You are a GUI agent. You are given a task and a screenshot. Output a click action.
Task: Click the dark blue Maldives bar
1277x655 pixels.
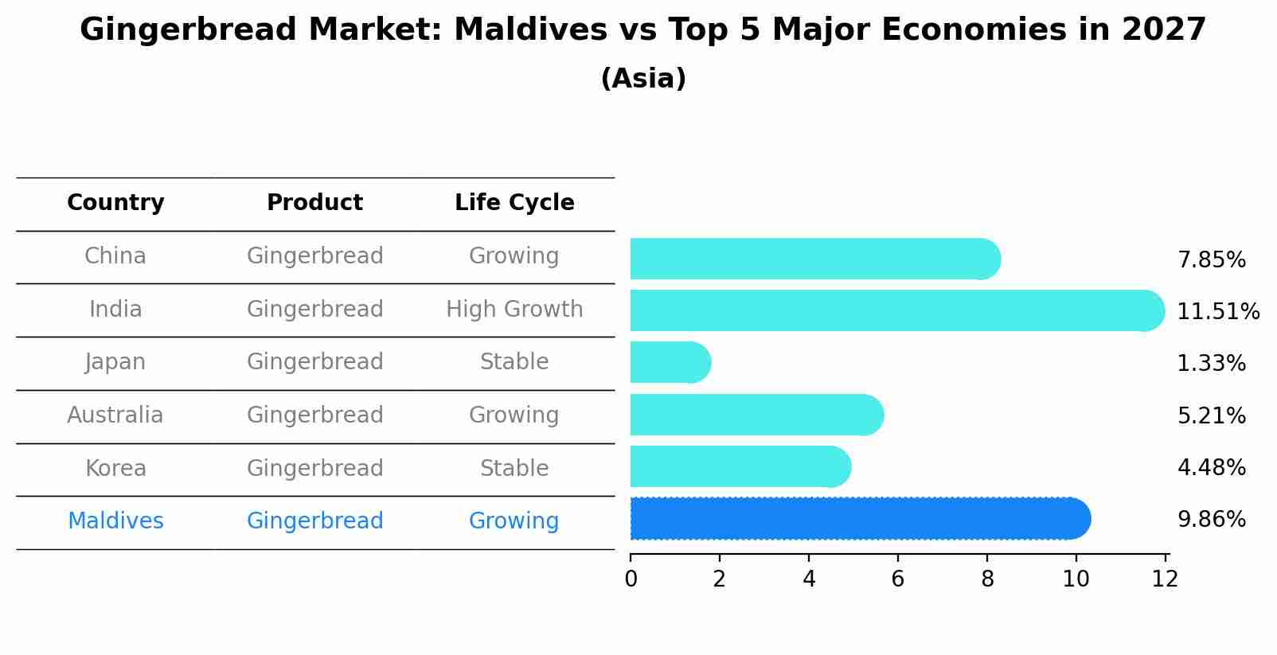(861, 518)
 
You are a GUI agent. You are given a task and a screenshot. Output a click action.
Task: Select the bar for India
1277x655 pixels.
(897, 310)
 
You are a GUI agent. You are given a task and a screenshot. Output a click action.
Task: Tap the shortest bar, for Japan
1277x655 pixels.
(670, 363)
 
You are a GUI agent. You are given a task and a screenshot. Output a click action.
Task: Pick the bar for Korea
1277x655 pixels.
(740, 466)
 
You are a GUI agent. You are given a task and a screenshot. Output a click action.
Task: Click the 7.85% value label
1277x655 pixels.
(1212, 260)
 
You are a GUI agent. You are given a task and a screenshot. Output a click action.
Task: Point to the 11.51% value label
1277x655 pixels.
(1218, 311)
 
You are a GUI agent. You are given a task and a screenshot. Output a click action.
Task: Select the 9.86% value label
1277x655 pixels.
(1212, 520)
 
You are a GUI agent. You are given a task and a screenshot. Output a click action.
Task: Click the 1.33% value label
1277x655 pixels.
(1212, 363)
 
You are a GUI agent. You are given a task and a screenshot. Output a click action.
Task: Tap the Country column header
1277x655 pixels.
(115, 203)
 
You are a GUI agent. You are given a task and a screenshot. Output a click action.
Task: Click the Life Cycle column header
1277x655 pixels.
(514, 203)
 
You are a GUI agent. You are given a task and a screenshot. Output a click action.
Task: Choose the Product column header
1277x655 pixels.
(314, 202)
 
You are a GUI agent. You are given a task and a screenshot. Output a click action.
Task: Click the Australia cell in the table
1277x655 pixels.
(115, 415)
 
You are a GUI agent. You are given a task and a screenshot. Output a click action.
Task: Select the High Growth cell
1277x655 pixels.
(514, 310)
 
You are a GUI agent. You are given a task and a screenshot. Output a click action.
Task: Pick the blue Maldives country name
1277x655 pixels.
(115, 520)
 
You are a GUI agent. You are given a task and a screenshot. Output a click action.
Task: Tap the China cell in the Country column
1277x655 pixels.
(115, 256)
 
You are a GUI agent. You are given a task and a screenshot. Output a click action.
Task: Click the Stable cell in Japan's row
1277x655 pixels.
(514, 361)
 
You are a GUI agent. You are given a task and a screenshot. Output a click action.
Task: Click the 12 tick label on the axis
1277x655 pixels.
(1165, 579)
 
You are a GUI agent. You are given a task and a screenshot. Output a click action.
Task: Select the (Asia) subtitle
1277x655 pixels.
(643, 79)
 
